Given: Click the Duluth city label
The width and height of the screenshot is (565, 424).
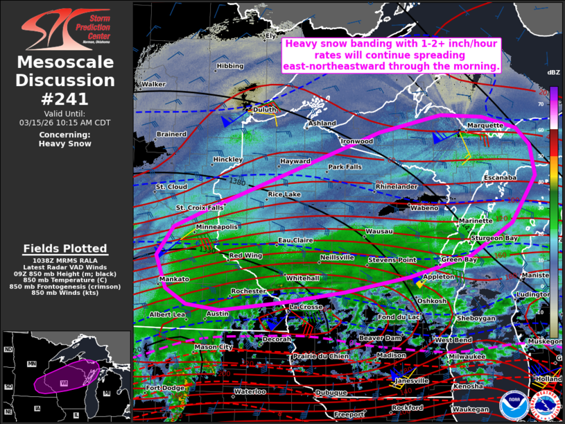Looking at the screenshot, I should [x=264, y=110].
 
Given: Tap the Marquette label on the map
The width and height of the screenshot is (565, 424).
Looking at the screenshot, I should [x=485, y=126].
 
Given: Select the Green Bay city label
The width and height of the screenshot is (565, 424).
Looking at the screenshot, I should [x=459, y=260].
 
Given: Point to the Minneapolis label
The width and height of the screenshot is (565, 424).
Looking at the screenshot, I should [x=217, y=227].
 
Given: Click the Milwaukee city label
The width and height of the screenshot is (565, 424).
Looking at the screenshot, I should [x=467, y=355].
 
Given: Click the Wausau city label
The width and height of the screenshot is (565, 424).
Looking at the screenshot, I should [x=379, y=230].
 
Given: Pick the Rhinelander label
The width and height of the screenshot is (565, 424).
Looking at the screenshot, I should [x=397, y=187].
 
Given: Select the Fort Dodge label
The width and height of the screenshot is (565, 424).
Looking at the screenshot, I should [x=163, y=387].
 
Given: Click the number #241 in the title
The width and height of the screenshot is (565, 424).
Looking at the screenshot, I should [x=65, y=99].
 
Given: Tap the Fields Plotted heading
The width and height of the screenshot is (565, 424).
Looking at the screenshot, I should [x=65, y=248].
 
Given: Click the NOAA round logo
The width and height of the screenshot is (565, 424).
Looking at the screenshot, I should [x=512, y=405].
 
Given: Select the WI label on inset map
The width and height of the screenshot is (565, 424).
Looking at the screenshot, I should [x=63, y=382].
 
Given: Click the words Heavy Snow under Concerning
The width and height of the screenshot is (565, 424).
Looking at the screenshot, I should [x=64, y=144].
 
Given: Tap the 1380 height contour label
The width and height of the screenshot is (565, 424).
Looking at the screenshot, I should [x=238, y=182].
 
